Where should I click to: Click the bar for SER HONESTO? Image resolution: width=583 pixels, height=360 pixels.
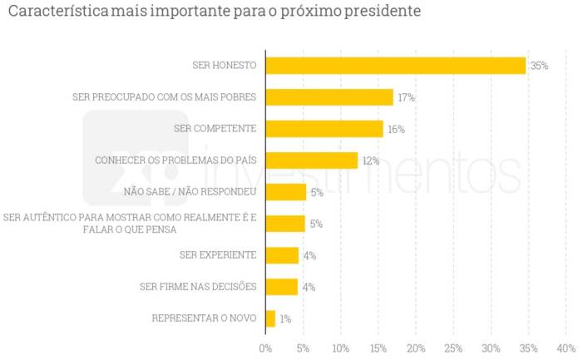click(395, 66)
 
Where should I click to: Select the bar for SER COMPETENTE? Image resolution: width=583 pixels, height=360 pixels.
click(324, 129)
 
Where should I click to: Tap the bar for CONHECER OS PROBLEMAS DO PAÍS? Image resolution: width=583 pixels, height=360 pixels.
click(311, 160)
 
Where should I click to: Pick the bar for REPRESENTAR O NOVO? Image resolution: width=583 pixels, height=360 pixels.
click(270, 318)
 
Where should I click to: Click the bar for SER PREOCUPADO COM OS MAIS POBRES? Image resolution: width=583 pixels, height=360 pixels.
click(329, 97)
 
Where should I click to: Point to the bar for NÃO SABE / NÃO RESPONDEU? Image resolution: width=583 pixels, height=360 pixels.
click(285, 192)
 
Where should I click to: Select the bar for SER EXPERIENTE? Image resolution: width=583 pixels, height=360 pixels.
click(282, 255)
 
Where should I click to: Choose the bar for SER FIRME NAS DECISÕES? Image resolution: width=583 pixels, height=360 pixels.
click(281, 287)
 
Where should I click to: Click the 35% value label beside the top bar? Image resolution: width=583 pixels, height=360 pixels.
click(539, 66)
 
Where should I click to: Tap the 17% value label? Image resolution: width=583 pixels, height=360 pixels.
click(406, 97)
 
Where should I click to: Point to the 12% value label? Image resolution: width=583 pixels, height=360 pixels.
click(370, 160)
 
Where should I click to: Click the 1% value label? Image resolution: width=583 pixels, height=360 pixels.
click(285, 318)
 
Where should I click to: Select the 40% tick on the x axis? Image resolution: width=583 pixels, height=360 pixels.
click(566, 348)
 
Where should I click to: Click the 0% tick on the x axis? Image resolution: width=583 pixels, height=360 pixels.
click(265, 348)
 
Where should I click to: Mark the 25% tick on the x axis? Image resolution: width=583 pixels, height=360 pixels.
click(453, 348)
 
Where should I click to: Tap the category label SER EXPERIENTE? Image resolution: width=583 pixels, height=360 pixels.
click(218, 255)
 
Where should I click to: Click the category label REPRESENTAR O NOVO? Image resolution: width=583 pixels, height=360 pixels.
click(204, 318)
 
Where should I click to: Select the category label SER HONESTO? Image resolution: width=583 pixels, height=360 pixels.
click(223, 66)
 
